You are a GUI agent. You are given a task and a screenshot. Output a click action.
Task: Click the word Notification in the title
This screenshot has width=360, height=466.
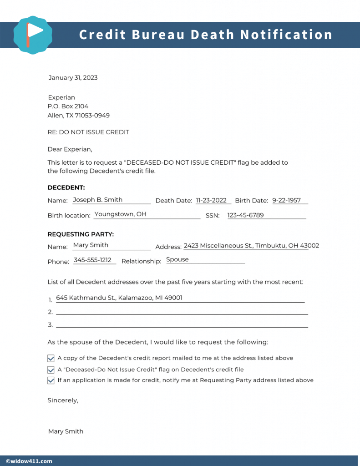point(286,35)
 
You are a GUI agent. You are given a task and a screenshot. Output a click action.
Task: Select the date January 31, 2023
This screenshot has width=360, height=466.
point(73,78)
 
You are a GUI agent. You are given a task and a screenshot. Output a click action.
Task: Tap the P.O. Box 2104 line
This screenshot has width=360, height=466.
point(68,106)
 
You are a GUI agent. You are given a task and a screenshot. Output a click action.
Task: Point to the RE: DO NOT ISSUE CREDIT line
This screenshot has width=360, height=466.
point(88,132)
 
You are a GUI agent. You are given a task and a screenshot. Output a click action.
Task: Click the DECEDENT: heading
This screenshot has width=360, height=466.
point(66,187)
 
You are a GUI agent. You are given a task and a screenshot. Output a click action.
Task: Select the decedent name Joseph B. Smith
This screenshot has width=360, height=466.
point(97,200)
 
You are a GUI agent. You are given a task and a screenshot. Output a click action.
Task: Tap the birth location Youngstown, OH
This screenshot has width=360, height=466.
point(120,214)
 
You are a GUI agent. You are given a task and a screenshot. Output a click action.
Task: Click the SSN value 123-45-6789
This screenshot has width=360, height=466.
point(245,215)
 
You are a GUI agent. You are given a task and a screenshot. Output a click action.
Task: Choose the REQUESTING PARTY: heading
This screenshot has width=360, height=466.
point(81,234)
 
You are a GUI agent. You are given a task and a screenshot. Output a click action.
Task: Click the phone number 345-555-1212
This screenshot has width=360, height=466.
point(92,260)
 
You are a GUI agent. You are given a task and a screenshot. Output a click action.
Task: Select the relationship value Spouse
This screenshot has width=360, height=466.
point(177,260)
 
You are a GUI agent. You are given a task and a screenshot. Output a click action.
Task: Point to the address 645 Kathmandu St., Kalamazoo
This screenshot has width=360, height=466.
point(119,298)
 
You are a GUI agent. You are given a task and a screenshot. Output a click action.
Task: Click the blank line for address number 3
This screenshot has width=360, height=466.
point(182,326)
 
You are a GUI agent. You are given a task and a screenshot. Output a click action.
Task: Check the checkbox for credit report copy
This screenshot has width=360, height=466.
point(51,359)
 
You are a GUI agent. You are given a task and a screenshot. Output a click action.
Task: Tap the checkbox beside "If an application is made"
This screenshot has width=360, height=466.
point(51,380)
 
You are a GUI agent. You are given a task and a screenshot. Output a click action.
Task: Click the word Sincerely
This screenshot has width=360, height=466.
point(63,400)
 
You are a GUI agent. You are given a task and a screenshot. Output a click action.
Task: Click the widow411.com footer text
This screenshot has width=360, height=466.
point(29,461)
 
